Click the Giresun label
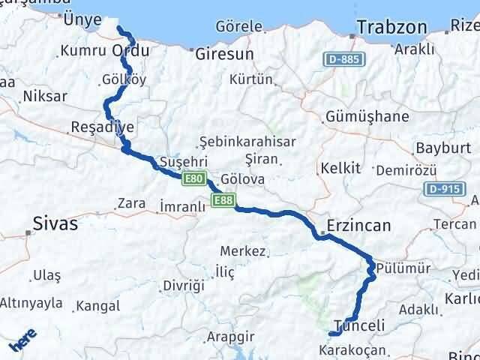tap(224, 55)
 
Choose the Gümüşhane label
tap(367, 117)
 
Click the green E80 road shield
tap(193, 178)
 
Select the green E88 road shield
tap(223, 200)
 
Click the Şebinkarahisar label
tap(247, 142)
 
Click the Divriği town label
tap(183, 286)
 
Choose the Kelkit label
tap(340, 167)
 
